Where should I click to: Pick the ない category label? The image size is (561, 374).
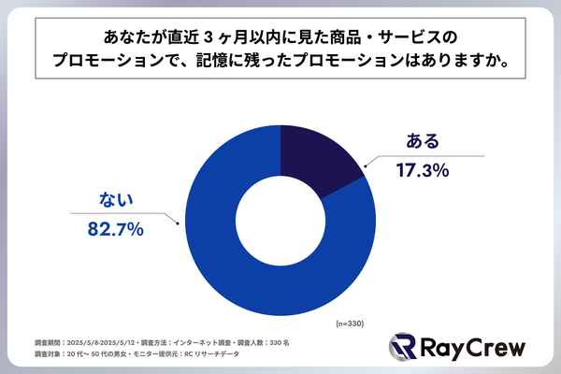(x=120, y=198)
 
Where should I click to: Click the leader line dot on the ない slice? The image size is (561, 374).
(x=180, y=223)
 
